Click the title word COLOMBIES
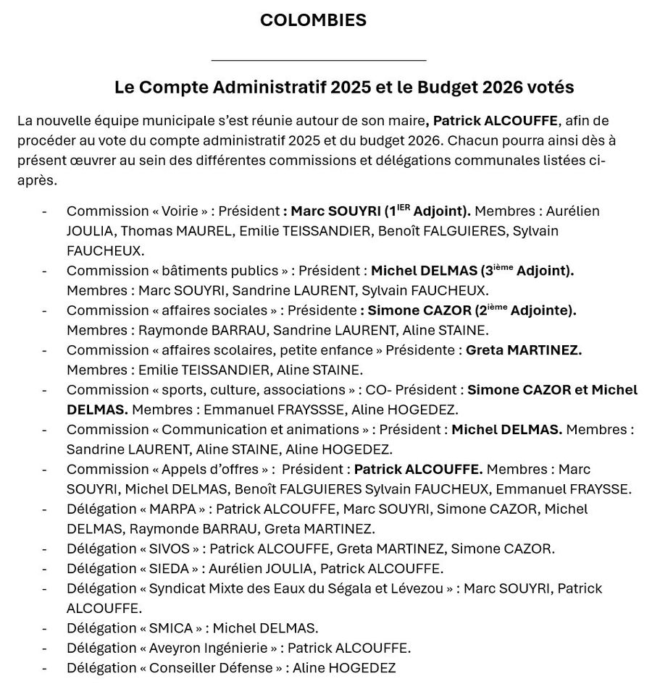click(x=313, y=20)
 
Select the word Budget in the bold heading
click(x=448, y=88)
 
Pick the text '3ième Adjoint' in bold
click(x=530, y=271)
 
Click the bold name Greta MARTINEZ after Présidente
click(x=523, y=350)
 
